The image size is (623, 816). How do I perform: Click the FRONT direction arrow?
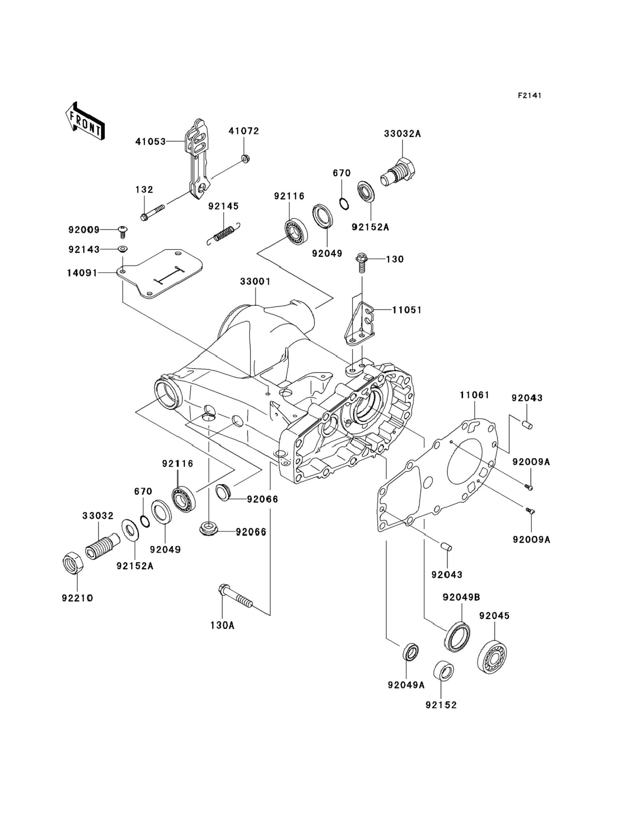point(85,122)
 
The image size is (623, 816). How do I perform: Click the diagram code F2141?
point(529,96)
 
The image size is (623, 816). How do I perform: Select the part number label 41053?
point(150,141)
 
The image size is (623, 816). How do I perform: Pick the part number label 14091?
point(82,273)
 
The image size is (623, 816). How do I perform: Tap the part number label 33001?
point(255,282)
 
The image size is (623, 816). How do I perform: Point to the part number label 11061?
point(475,395)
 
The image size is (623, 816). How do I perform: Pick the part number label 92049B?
point(461,597)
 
